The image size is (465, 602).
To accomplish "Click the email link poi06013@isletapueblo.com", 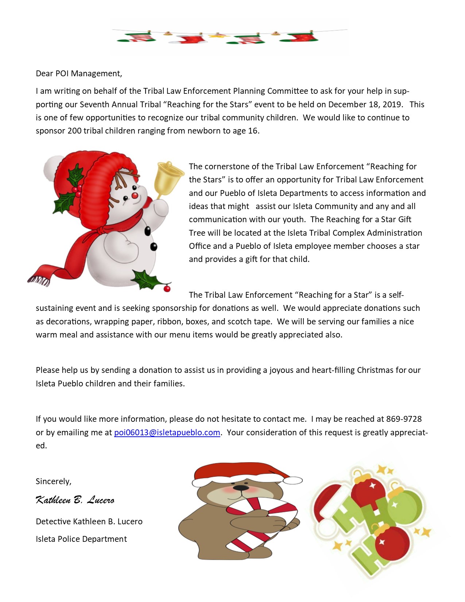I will (167, 432).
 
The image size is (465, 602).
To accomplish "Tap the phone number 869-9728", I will (404, 419).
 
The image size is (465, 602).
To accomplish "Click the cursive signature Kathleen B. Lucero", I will (75, 500).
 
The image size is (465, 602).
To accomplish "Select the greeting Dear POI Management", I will (79, 73).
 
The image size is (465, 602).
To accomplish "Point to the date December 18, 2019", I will (365, 104).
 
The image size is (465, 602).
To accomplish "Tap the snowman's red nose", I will (135, 195).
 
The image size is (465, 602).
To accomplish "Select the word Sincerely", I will (53, 481).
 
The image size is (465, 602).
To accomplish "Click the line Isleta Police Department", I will (81, 539).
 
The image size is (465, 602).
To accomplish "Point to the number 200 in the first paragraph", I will (74, 131).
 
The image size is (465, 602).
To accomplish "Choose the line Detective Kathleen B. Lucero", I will (89, 521).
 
